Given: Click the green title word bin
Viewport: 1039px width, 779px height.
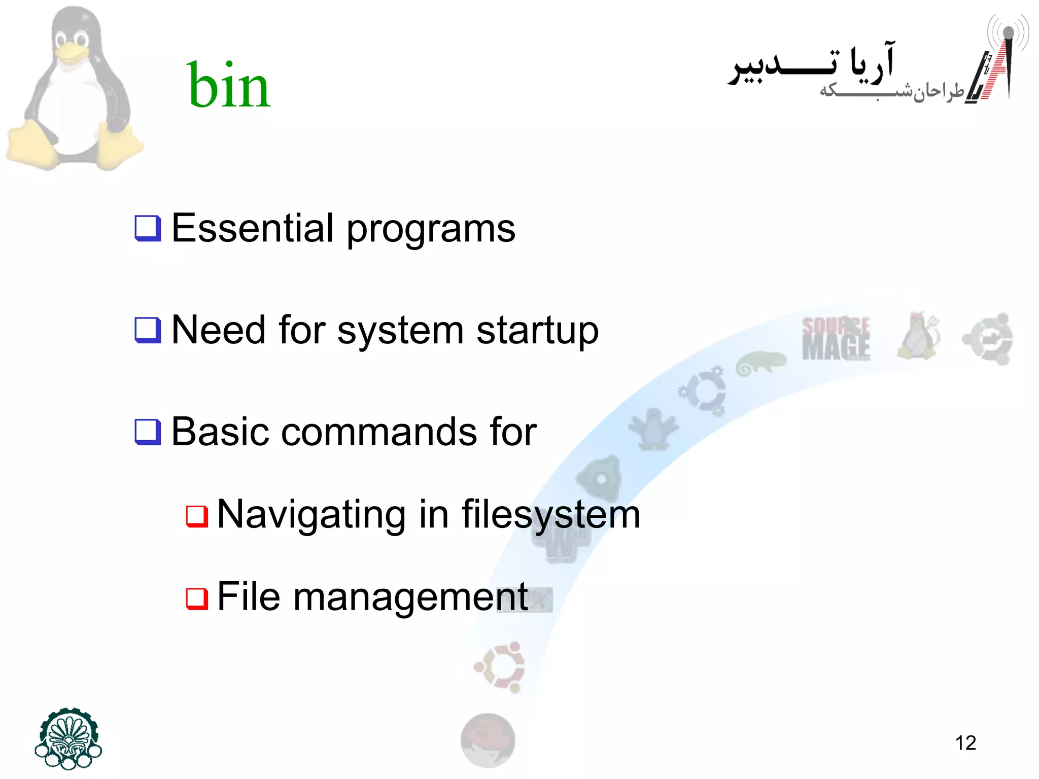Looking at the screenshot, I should click(229, 85).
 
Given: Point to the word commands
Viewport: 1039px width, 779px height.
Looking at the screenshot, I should click(379, 432).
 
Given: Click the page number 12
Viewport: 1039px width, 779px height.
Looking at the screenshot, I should click(965, 743).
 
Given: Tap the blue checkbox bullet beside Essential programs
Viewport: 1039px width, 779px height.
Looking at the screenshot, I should click(148, 228).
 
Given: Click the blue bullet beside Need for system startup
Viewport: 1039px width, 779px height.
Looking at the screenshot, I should click(148, 330).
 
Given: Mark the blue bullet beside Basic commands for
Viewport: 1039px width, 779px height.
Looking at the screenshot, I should click(148, 432).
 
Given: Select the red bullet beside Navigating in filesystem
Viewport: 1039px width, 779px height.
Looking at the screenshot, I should click(197, 517).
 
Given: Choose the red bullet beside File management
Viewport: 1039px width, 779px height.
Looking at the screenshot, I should click(197, 598).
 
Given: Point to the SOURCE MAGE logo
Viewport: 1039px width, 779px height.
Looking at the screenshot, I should click(836, 338).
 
